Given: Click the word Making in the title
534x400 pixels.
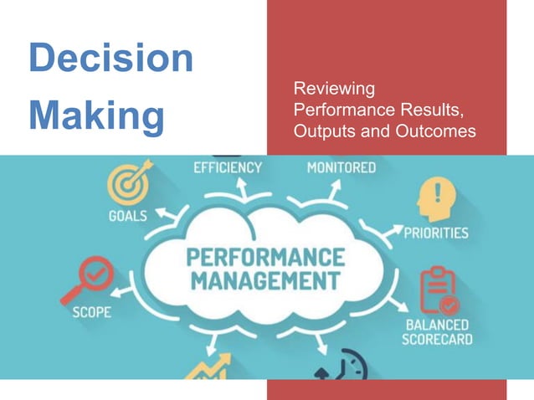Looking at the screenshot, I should [97, 116].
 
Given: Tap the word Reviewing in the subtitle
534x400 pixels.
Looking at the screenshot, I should [334, 88].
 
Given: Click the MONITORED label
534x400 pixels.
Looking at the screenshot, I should [341, 167].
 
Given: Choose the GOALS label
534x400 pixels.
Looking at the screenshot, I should [128, 215].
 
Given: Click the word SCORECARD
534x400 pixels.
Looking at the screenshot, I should [437, 340].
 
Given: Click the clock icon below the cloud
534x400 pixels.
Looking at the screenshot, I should [350, 367].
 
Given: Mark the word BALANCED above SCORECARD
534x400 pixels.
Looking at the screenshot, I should [438, 324].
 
